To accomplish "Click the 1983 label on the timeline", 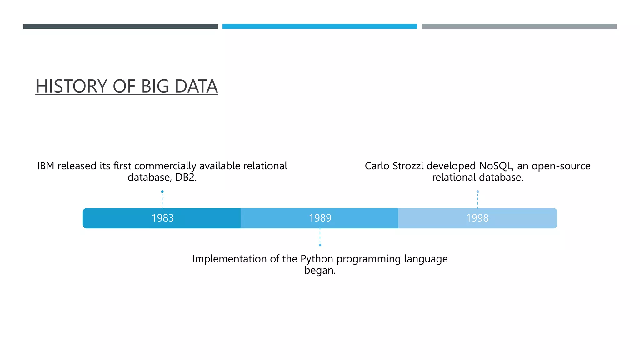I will tap(162, 218).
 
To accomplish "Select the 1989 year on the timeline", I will tap(320, 218).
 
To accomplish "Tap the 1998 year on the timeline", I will tap(477, 218).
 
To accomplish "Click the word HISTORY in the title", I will tap(72, 86).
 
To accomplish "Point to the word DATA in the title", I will tap(196, 86).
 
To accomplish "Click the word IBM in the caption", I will tap(46, 166).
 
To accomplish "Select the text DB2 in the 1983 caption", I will tap(185, 177).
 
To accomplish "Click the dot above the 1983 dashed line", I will tap(162, 192).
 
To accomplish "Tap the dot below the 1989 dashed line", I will tap(320, 245).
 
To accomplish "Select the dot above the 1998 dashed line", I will tap(477, 192).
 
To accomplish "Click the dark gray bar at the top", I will tap(120, 27).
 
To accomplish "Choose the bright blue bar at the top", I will tap(320, 27).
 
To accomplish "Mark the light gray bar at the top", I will tap(519, 27).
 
